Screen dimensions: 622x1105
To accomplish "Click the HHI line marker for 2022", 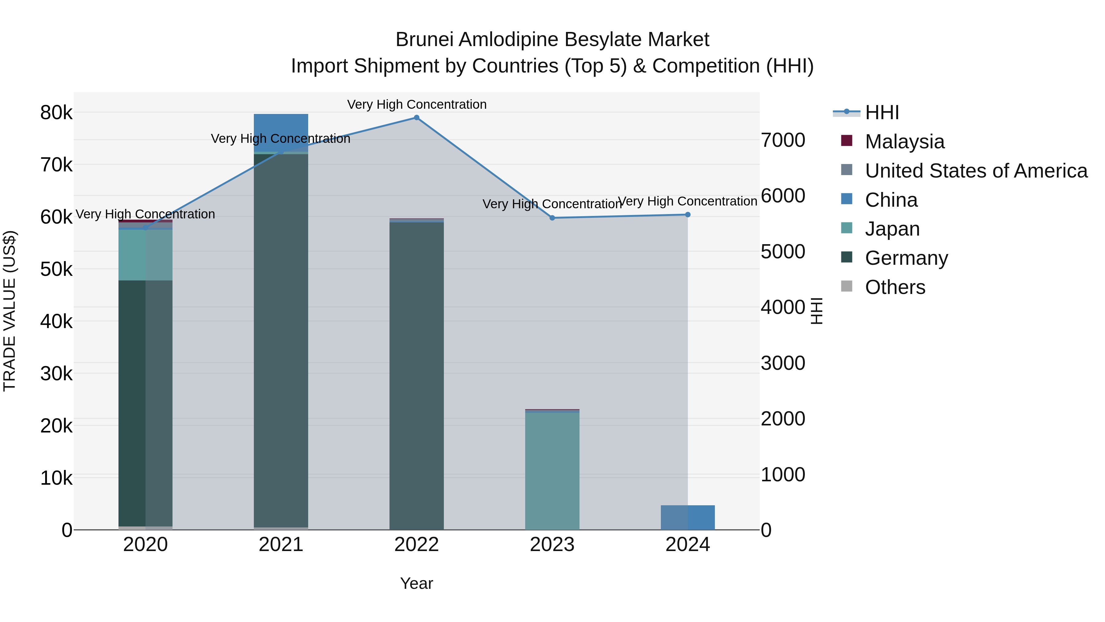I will click(417, 118).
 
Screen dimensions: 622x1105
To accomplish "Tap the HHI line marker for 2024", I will click(688, 215).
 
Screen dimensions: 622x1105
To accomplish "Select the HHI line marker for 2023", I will click(552, 218).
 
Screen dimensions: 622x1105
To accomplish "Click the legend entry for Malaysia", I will click(904, 142).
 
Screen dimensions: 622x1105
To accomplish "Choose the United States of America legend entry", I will click(976, 171).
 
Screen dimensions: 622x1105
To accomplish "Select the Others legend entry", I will click(895, 287).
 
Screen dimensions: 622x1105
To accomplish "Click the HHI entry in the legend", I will click(882, 112).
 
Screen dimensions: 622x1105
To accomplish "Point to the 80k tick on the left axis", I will click(56, 113).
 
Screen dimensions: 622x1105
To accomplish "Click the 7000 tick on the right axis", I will click(783, 140).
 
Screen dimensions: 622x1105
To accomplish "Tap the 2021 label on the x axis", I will click(281, 545).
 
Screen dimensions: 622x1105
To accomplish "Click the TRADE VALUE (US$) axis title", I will click(10, 311).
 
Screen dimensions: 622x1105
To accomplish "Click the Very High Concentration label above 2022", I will click(417, 104).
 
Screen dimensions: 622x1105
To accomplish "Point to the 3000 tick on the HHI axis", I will click(783, 363).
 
